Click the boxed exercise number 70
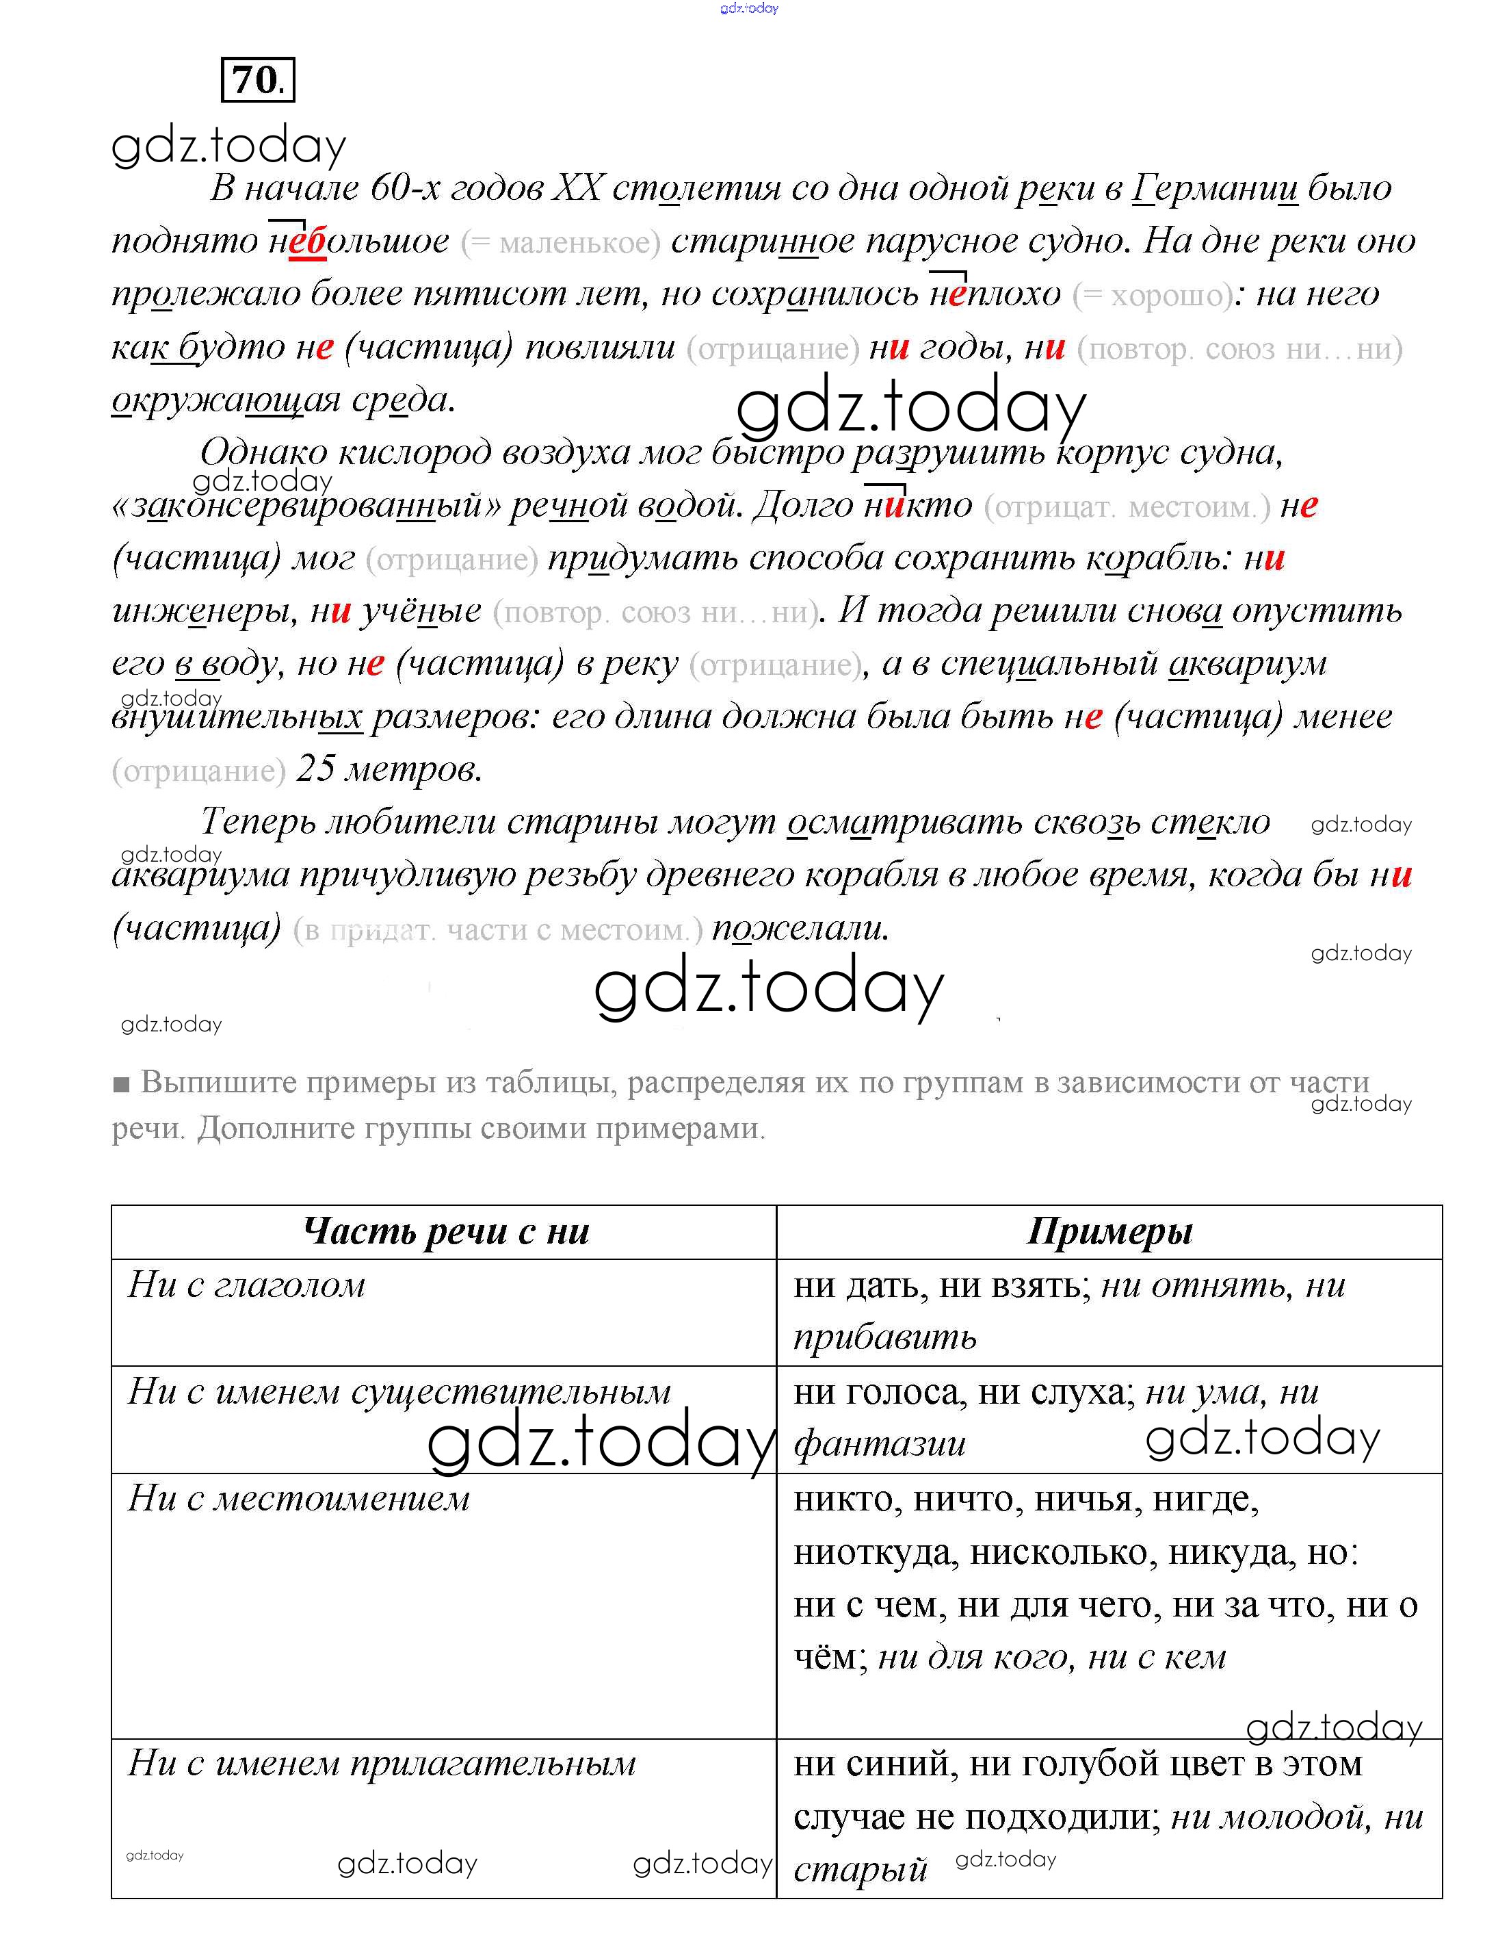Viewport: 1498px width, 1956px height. tap(257, 80)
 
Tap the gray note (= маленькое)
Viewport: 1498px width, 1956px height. tap(560, 242)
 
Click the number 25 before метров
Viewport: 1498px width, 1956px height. tap(315, 769)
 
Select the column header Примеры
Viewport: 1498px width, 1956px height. tap(1109, 1232)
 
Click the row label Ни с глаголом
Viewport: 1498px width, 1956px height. tap(247, 1285)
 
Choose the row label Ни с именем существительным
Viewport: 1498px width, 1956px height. tap(399, 1391)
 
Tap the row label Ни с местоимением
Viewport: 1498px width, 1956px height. tap(299, 1498)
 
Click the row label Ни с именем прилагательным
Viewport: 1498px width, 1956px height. tap(382, 1764)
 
